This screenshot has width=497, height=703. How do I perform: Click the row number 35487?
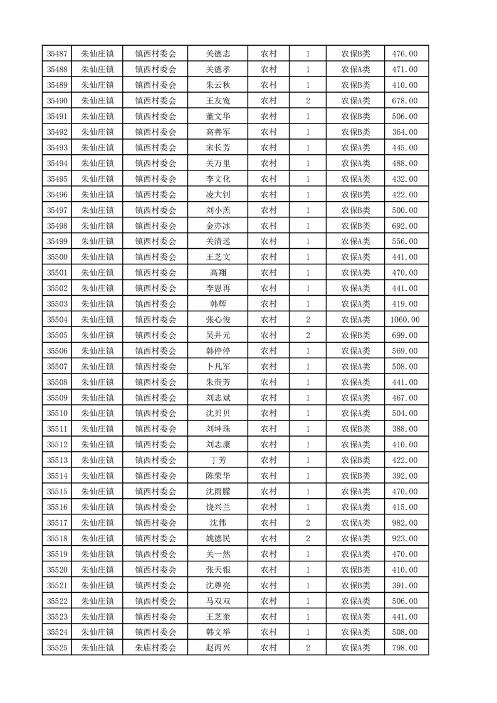pos(57,54)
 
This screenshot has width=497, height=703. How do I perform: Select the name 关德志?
pos(218,54)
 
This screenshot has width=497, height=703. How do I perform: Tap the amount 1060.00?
pos(404,320)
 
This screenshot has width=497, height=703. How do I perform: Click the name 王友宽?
pos(218,101)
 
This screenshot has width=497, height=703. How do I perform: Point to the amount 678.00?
pos(404,101)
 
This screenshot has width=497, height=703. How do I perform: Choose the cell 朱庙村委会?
pos(156,648)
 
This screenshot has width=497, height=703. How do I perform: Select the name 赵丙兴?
pos(218,648)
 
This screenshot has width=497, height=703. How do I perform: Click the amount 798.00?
pos(404,648)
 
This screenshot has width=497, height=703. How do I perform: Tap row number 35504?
pos(57,320)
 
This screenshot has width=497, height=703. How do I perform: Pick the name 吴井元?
pos(218,335)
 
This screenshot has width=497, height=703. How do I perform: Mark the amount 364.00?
pos(404,132)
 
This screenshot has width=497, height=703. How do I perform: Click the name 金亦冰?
pos(218,226)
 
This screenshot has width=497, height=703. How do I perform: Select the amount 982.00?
pos(404,523)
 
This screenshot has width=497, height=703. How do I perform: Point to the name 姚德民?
pos(218,538)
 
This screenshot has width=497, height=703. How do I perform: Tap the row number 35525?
pos(57,648)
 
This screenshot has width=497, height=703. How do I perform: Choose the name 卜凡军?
pos(218,367)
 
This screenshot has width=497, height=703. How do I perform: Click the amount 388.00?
pos(404,429)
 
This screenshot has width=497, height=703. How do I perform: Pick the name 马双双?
pos(218,601)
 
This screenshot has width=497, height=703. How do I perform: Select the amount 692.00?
pos(404,226)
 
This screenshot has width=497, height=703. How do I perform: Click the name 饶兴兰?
pos(218,507)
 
